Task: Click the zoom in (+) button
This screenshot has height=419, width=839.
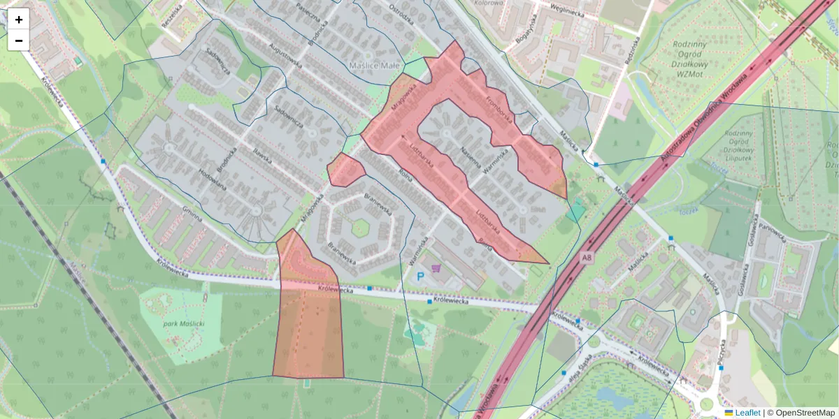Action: point(19,20)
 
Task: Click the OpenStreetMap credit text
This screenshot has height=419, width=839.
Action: point(805,413)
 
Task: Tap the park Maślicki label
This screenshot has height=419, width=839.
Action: point(184,324)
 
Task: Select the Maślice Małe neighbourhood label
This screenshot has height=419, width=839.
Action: point(373,65)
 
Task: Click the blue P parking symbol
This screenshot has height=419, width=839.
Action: point(421,277)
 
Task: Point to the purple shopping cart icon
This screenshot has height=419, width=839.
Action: point(437,267)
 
